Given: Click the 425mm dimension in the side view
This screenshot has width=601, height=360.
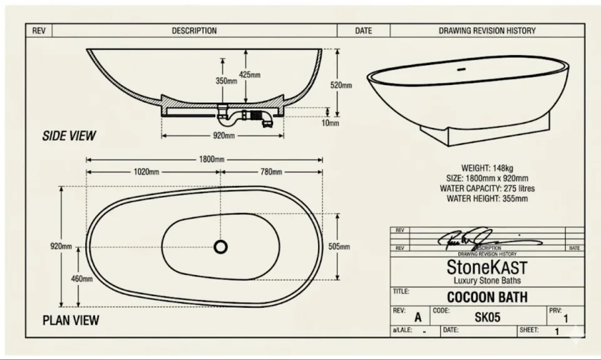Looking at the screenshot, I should tap(250, 75).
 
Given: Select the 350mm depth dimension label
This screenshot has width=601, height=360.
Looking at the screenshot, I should tap(227, 81).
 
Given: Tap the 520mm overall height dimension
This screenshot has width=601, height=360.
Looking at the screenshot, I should tap(341, 85).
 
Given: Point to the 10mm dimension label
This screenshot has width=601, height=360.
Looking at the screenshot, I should tap(331, 123).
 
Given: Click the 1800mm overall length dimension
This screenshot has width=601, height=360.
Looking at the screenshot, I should tap(211, 159).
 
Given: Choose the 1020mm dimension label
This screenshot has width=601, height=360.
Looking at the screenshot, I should tap(146, 172).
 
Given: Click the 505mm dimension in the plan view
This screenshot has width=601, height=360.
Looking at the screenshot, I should tap(339, 247).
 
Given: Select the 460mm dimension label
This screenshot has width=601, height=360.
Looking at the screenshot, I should tap(81, 279).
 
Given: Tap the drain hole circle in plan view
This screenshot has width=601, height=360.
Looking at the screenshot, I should tap(221, 247).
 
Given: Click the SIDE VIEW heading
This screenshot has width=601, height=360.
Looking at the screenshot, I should tap(69, 135).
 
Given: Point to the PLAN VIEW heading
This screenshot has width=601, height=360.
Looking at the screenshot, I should tap(70, 320).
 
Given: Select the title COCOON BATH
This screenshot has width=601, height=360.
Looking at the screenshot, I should tap(487, 297).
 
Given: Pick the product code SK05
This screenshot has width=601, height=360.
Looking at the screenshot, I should tap(487, 317).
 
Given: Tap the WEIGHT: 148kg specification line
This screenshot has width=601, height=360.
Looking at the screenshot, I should tap(487, 168).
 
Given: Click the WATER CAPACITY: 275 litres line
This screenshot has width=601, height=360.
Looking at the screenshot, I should tap(487, 188).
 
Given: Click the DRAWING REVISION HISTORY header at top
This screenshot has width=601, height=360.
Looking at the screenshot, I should tap(486, 31).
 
